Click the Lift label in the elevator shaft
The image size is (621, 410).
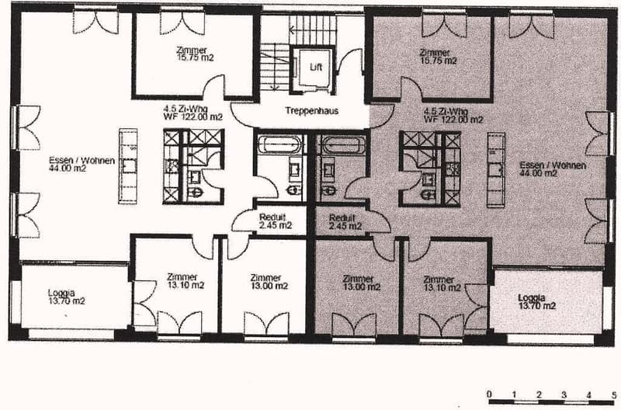pos(316,67)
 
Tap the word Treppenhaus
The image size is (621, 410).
pos(312,110)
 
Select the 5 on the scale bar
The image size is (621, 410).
pos(614,394)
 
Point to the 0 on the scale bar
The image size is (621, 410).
pos(490,394)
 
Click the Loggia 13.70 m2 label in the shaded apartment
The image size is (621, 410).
pos(536,302)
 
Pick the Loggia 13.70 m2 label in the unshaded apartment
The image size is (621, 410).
pos(66,297)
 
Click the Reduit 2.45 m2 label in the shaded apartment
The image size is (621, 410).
pos(345,222)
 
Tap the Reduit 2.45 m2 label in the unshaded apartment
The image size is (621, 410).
pos(276,221)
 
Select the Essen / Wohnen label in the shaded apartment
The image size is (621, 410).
pos(553,169)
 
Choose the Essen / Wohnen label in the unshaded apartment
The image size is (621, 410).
pos(82,164)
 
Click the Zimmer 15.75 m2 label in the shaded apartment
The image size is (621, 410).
pos(438,56)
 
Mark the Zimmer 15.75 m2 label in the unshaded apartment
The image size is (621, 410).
pos(195,54)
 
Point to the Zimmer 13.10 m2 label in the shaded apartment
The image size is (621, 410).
pos(442,283)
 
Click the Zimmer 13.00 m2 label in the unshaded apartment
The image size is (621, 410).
pos(269,282)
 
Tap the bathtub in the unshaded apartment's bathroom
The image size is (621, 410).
pos(280,144)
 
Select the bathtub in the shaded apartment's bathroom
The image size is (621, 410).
pos(343,145)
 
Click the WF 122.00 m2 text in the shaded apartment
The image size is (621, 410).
pos(453,120)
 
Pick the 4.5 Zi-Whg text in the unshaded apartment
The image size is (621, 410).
pos(186,109)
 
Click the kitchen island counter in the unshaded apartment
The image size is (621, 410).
pos(128,166)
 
